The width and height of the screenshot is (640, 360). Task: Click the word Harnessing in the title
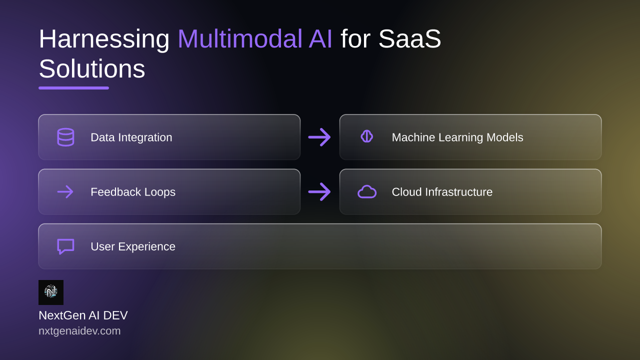pos(104,39)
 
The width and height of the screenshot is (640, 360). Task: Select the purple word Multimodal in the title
pos(239,38)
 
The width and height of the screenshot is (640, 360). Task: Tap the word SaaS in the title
pos(409,38)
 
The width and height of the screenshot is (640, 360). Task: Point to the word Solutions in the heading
pos(92,68)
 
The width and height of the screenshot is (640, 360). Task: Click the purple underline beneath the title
pos(73,88)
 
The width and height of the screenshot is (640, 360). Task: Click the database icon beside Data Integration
pos(65,137)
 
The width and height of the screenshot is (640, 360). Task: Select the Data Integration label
pos(131,137)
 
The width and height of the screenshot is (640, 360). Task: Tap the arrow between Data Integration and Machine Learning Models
pos(319,137)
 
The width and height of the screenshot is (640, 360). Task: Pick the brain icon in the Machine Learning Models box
pos(367,136)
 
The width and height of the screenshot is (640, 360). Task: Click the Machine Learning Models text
pos(457,137)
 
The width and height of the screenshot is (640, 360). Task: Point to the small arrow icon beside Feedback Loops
pos(65,191)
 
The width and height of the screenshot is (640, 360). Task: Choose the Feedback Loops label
pos(133,192)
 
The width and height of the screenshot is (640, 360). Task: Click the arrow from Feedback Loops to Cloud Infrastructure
pos(319,191)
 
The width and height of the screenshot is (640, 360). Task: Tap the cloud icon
pos(367,192)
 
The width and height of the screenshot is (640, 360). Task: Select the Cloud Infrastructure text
pos(442,192)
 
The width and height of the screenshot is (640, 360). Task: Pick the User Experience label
pos(133,246)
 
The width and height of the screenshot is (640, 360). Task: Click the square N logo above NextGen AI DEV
pos(51,292)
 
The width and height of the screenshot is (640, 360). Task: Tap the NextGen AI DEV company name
pos(83,315)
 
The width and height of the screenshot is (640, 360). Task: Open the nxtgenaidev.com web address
pos(79,331)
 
